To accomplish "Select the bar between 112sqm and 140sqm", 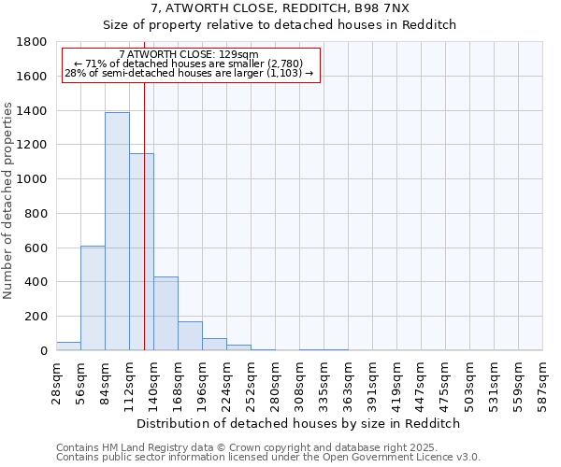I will (141, 252).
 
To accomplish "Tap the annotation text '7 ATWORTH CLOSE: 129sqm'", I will (190, 55).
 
